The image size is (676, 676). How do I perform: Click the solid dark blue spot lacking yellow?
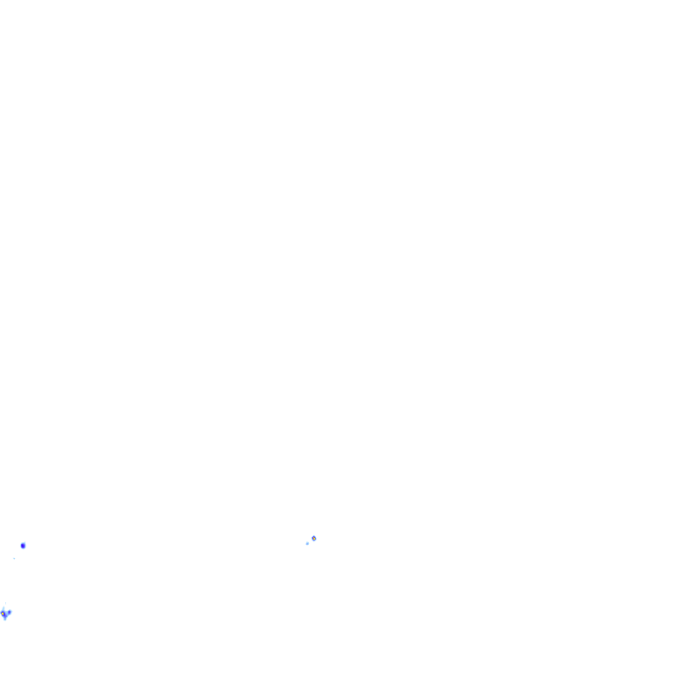coord(23,546)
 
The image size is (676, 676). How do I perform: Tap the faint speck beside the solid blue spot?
coord(14,557)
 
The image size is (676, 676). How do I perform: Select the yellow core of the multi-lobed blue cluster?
coord(3,614)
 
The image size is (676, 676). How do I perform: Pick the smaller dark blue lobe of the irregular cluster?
coord(10,612)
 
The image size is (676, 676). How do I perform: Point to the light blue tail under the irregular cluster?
coord(5,619)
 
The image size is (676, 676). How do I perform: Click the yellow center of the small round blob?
coord(314,538)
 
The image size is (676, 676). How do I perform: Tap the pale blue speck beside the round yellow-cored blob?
coord(307,543)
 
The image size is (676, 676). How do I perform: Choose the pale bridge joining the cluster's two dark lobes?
coord(6,613)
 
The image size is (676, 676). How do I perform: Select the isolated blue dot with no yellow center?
coord(23,546)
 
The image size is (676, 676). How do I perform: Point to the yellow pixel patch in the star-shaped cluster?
coord(3,614)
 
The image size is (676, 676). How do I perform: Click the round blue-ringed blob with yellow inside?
coord(314,538)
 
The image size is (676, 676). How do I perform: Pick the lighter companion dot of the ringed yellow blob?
coord(307,543)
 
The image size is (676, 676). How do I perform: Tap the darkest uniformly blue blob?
coord(23,546)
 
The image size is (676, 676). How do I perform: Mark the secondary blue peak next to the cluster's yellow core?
coord(10,612)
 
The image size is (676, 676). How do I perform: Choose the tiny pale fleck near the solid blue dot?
coord(14,557)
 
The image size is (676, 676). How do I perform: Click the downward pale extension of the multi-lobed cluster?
coord(5,619)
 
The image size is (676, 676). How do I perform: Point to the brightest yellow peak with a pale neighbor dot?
coord(314,538)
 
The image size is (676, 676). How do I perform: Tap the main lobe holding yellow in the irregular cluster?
coord(3,614)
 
